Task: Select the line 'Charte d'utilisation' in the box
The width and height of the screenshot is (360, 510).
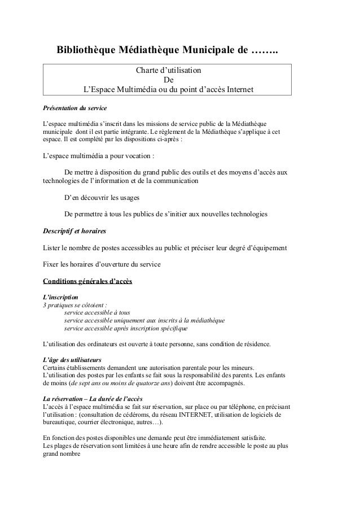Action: pos(168,72)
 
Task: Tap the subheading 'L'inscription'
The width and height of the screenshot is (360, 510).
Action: pos(61,297)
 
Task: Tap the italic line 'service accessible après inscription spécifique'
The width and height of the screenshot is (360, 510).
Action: pos(126,328)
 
